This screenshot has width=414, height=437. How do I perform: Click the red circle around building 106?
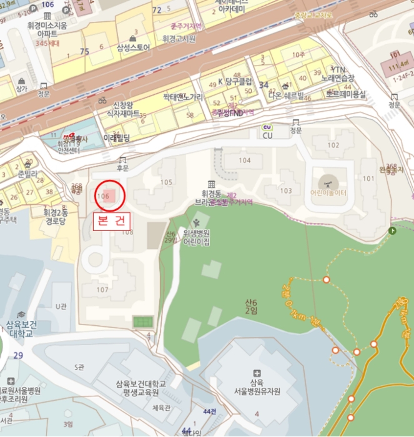pos(110,196)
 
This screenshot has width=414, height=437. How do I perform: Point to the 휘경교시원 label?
pos(179,38)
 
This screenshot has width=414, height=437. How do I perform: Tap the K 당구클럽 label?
pos(235,82)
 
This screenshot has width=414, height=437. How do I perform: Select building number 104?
pos(245,160)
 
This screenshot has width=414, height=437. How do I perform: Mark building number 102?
pos(333,145)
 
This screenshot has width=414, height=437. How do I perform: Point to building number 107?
pos(102,289)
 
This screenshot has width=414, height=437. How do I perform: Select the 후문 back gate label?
pos(122,167)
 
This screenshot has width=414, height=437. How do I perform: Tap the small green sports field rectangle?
pos(142,322)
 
